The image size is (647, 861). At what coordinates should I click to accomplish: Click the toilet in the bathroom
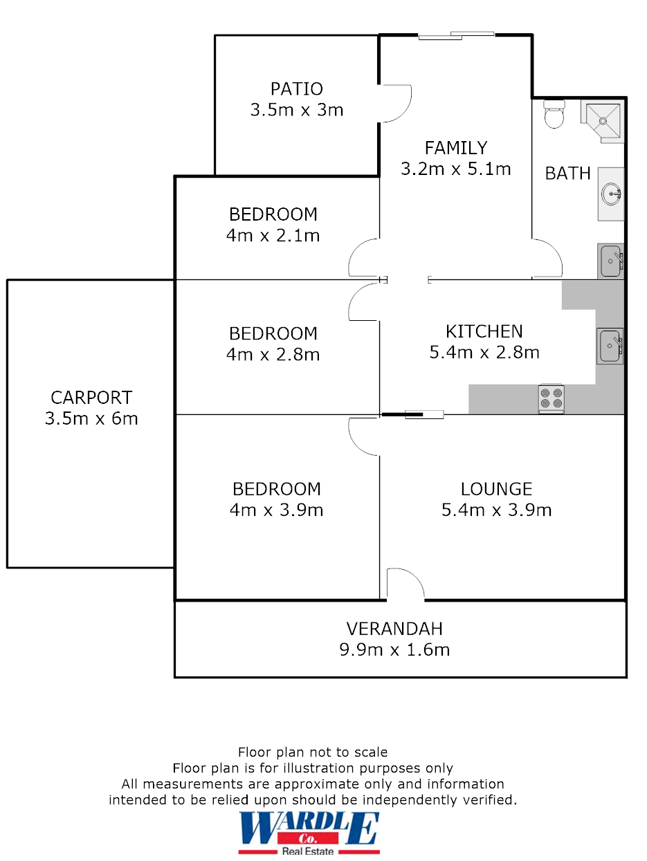pyautogui.click(x=554, y=114)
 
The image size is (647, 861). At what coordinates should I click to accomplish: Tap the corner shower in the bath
pyautogui.click(x=602, y=121)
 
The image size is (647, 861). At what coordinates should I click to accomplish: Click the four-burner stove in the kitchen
pyautogui.click(x=552, y=399)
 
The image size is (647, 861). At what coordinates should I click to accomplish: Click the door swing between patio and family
pyautogui.click(x=396, y=104)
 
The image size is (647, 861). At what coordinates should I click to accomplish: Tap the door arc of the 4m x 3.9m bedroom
pyautogui.click(x=363, y=436)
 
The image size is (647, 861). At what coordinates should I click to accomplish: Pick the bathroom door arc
pyautogui.click(x=547, y=259)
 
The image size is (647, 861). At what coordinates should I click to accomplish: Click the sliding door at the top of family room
pyautogui.click(x=456, y=35)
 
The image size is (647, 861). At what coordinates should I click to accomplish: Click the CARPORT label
pyautogui.click(x=91, y=398)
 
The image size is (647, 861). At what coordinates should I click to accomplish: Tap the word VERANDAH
pyautogui.click(x=394, y=629)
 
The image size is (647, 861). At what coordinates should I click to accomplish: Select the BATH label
pyautogui.click(x=568, y=174)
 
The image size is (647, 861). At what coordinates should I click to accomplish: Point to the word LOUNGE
pyautogui.click(x=496, y=489)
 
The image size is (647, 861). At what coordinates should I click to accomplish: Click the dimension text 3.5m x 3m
pyautogui.click(x=297, y=110)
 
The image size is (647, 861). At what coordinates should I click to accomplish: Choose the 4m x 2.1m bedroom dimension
pyautogui.click(x=273, y=235)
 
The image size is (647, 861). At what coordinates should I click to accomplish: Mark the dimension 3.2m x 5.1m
pyautogui.click(x=456, y=169)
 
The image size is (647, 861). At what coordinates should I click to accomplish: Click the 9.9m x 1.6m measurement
pyautogui.click(x=394, y=650)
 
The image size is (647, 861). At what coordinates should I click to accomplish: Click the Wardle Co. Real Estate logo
pyautogui.click(x=309, y=833)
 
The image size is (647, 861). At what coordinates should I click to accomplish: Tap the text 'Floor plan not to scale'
pyautogui.click(x=313, y=752)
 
